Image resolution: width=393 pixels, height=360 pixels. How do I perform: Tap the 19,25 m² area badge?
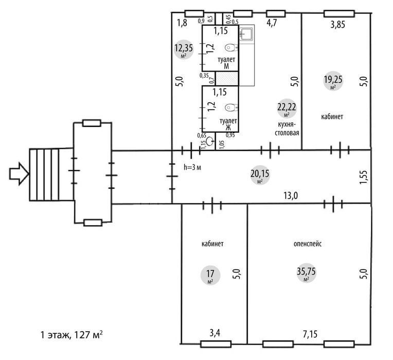[333, 81]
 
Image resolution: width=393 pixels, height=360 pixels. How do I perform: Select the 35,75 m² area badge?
[306, 273]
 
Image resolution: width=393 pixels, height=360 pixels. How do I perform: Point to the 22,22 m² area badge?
[287, 109]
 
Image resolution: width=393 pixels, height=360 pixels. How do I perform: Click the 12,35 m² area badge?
[184, 49]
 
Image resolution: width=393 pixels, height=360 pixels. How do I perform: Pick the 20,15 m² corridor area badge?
[260, 175]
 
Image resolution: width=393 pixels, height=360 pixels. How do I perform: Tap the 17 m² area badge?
[210, 275]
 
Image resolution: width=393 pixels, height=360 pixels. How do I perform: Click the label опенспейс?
[308, 244]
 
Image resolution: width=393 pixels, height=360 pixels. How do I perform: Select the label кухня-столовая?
[287, 129]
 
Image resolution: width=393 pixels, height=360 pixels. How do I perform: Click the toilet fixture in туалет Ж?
[231, 107]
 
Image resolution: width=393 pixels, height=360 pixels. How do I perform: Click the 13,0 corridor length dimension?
[291, 195]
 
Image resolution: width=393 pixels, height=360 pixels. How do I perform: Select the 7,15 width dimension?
[310, 334]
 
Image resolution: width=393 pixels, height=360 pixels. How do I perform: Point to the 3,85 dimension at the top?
[337, 25]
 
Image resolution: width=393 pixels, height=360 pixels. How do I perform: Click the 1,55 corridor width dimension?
[363, 177]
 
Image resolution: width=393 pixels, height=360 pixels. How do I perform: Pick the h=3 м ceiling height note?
[192, 167]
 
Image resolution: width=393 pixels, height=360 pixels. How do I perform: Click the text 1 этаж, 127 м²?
[72, 335]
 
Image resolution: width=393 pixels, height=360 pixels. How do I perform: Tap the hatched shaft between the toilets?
[227, 78]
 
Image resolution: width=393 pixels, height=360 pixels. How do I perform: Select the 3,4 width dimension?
[215, 333]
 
